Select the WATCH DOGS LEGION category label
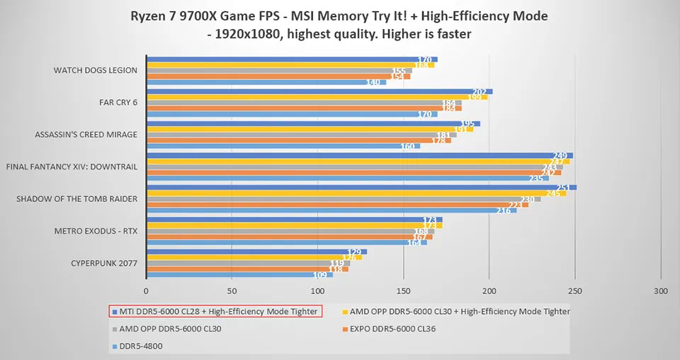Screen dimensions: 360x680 (96, 70)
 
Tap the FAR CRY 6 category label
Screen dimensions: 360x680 (118, 102)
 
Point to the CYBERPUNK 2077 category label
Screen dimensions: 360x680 (104, 264)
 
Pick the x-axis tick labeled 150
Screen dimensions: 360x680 (403, 291)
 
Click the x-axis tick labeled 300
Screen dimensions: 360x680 (661, 291)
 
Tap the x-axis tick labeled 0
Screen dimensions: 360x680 (146, 291)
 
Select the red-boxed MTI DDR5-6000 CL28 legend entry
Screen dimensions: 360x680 (215, 311)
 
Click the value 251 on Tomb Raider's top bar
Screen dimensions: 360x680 (565, 188)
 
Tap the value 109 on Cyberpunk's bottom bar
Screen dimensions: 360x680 (320, 275)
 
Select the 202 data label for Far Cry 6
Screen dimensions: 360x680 (480, 91)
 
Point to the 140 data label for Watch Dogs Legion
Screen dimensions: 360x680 (374, 82)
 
